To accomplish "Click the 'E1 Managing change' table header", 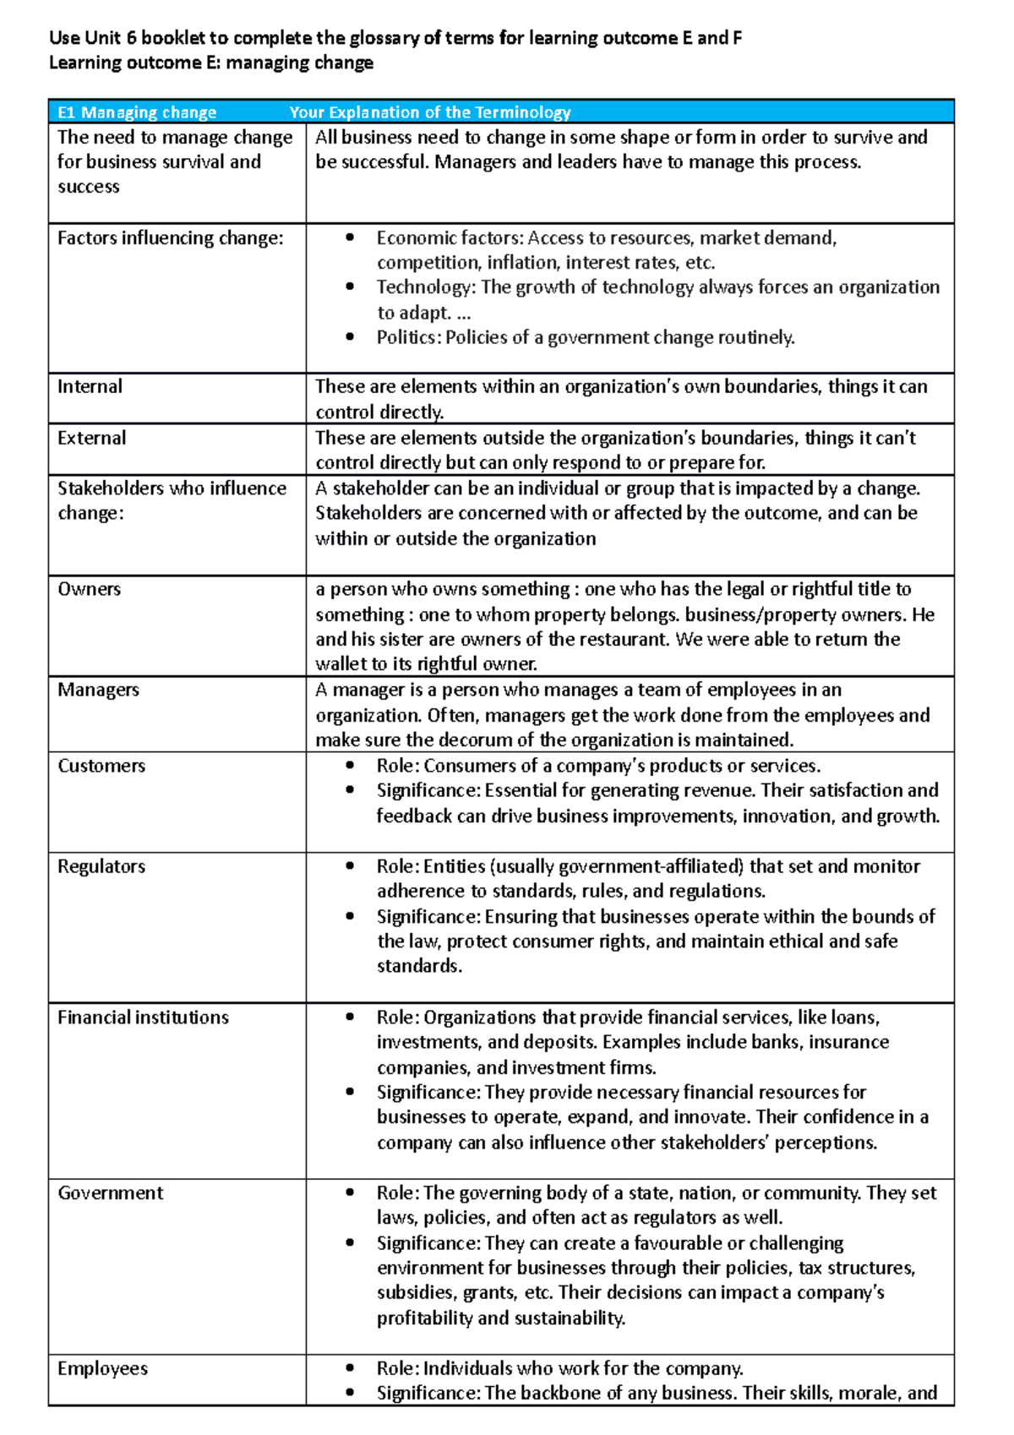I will pyautogui.click(x=137, y=112).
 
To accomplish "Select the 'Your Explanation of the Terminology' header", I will pyautogui.click(x=430, y=112).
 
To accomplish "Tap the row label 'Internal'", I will pyautogui.click(x=90, y=387).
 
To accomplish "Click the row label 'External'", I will pyautogui.click(x=91, y=438).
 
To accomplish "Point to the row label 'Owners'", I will pyautogui.click(x=89, y=589).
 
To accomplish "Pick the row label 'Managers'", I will pyautogui.click(x=98, y=690).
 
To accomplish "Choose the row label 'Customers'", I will pyautogui.click(x=101, y=766).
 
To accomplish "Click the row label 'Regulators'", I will pyautogui.click(x=101, y=866).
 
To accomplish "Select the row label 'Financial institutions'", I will pyautogui.click(x=143, y=1018).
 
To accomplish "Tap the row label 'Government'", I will pyautogui.click(x=111, y=1193).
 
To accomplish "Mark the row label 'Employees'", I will pyautogui.click(x=102, y=1368).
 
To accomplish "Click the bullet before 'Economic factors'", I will pyautogui.click(x=350, y=238).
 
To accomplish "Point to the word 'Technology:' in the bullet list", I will pyautogui.click(x=426, y=287).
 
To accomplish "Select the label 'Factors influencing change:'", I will pyautogui.click(x=171, y=238).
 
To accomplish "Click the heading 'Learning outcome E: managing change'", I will pyautogui.click(x=211, y=63).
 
